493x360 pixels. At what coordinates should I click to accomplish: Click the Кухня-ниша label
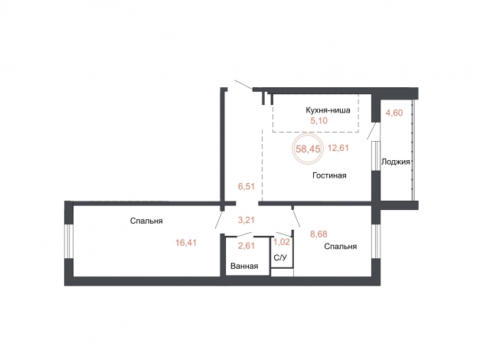click(x=328, y=110)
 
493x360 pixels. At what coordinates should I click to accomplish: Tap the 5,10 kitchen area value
click(x=318, y=121)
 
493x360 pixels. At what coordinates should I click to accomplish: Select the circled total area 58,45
click(x=308, y=149)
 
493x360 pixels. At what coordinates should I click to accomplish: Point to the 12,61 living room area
click(x=338, y=148)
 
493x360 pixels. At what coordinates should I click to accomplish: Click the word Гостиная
click(x=329, y=175)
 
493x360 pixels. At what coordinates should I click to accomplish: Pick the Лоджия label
click(x=396, y=162)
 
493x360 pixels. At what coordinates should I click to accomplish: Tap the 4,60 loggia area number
click(x=394, y=113)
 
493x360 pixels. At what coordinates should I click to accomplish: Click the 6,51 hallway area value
click(x=246, y=187)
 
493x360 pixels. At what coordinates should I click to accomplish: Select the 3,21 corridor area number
click(x=246, y=220)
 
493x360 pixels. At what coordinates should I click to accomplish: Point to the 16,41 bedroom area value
click(x=186, y=243)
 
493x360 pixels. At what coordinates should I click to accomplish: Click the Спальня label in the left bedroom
click(x=146, y=221)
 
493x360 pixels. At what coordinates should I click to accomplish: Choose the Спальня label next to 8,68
click(x=340, y=247)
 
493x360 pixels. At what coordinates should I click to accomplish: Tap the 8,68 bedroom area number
click(x=318, y=234)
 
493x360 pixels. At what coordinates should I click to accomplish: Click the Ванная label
click(x=244, y=267)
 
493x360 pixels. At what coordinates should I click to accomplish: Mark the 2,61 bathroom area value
click(x=246, y=245)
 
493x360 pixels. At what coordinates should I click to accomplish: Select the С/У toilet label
click(x=280, y=258)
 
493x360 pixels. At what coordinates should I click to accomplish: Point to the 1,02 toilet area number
click(x=282, y=242)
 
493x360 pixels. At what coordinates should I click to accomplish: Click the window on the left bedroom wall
click(x=69, y=241)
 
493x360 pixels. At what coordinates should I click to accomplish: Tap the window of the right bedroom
click(x=376, y=241)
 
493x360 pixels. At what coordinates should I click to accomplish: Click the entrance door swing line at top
click(x=243, y=85)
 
